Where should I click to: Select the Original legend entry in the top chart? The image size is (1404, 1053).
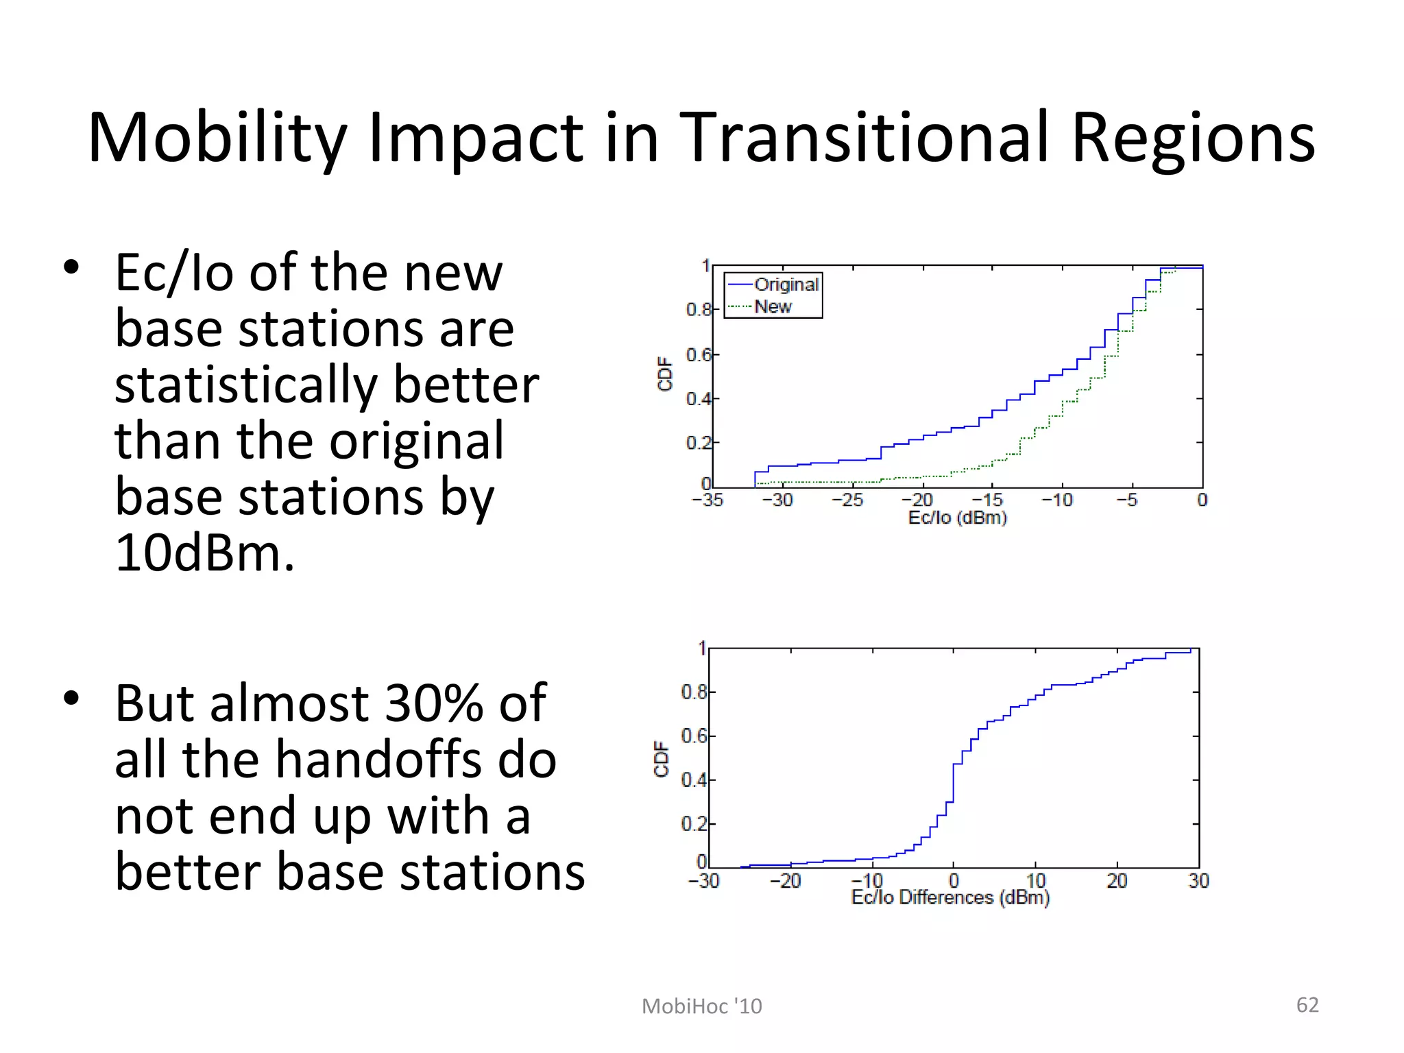point(786,285)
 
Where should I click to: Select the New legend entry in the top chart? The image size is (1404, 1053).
point(773,306)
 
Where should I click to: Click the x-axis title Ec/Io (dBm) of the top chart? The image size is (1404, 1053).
point(957,518)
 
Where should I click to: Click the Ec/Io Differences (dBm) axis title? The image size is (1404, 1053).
point(950,897)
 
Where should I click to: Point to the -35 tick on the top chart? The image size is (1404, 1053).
point(708,500)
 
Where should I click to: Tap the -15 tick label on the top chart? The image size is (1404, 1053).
point(988,500)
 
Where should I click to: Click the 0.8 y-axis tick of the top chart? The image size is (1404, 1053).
point(698,310)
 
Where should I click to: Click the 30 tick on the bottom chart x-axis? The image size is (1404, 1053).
point(1198,881)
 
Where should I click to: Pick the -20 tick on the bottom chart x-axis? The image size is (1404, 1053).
point(786,881)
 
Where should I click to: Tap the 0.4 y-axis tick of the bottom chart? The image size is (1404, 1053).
point(694,780)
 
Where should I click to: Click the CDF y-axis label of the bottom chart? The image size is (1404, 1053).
point(662,759)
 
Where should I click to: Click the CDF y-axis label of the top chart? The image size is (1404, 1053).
point(664,374)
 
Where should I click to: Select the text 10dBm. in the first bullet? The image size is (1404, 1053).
point(204,553)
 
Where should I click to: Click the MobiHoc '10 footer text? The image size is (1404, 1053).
point(701,1006)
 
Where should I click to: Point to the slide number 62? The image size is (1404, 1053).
point(1307,1005)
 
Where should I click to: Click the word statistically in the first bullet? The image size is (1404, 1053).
point(246,385)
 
